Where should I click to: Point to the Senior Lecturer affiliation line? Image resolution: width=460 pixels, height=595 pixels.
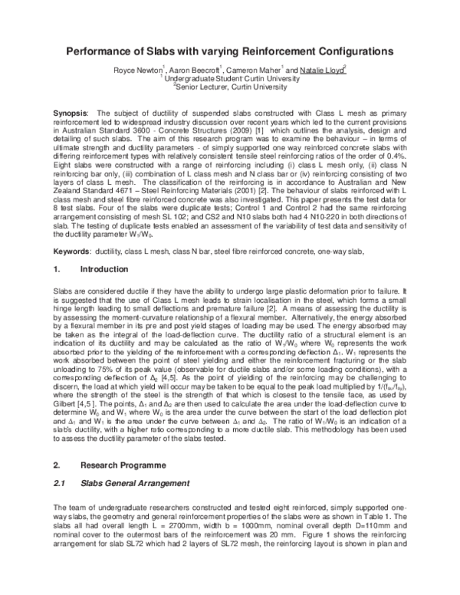[x=231, y=87]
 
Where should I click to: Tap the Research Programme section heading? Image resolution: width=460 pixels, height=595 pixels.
[x=124, y=465]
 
